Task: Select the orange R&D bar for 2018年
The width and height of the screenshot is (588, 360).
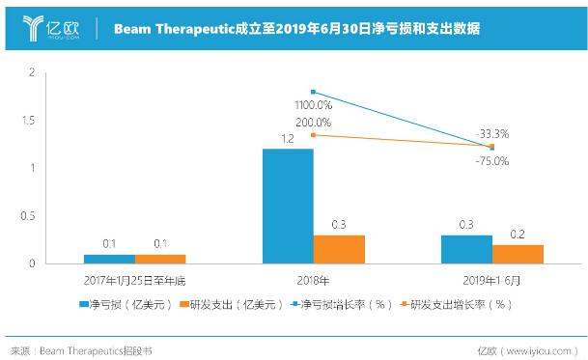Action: (340, 249)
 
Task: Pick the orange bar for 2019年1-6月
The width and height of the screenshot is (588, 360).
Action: (518, 254)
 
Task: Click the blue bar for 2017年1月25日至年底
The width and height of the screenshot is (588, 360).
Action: (109, 259)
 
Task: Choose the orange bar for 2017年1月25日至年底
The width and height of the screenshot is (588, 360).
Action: (160, 259)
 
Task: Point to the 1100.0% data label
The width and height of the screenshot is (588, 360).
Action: (313, 103)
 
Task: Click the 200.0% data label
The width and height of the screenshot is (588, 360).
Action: (313, 123)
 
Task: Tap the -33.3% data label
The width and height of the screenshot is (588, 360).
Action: (492, 133)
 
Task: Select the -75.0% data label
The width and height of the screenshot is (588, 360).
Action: (492, 160)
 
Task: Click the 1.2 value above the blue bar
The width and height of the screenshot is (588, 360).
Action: (288, 139)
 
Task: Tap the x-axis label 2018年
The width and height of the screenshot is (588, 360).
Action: (314, 279)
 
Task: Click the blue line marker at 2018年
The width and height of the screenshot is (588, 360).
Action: (314, 91)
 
